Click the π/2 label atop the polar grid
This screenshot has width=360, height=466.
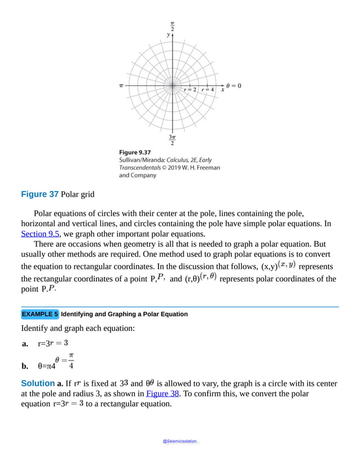click(172, 26)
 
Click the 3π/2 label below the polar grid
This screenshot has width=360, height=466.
click(172, 140)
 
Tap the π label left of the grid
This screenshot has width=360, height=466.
click(121, 86)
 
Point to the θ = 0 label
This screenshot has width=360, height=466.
click(234, 86)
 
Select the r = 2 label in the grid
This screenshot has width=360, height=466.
click(190, 90)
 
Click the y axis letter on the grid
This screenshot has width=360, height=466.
click(168, 34)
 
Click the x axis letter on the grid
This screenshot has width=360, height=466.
click(222, 90)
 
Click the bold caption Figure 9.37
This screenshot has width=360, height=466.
click(134, 152)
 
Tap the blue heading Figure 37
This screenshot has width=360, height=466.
click(39, 194)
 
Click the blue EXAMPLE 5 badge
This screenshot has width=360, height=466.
click(39, 314)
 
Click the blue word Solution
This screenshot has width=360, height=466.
click(38, 384)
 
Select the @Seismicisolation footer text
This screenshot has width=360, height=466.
click(180, 442)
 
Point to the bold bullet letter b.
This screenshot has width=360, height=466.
click(25, 365)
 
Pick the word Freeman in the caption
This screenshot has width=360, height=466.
click(208, 168)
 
